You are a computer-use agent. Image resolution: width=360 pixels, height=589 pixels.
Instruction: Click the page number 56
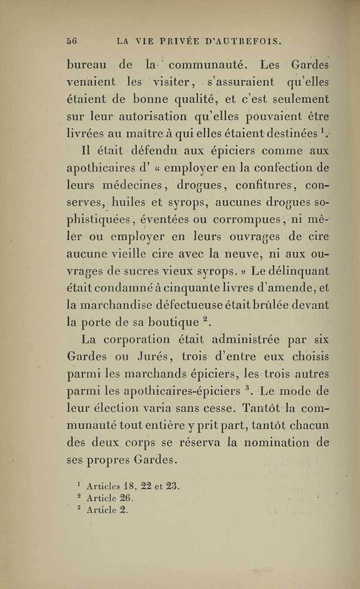click(x=73, y=41)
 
